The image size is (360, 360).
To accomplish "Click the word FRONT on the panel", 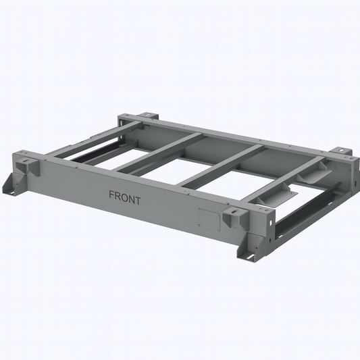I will tap(125, 197).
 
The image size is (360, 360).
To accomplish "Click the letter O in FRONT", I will tap(125, 197).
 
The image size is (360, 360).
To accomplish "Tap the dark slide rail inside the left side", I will tap(91, 153).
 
